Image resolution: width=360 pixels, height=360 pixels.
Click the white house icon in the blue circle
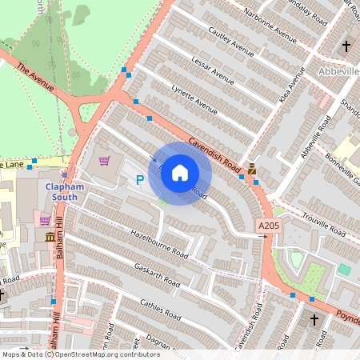pyautogui.click(x=180, y=173)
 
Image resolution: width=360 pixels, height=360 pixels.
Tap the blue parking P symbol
pyautogui.click(x=140, y=181)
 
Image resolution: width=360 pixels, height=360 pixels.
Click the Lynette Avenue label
pyautogui.click(x=195, y=100)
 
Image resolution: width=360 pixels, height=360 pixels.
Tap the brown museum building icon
pyautogui.click(x=50, y=238)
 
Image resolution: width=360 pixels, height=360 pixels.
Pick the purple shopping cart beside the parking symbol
pyautogui.click(x=103, y=161)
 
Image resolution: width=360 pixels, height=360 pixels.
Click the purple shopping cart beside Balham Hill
pyautogui.click(x=45, y=220)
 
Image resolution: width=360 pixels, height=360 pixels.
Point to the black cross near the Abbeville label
pyautogui.click(x=347, y=46)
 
